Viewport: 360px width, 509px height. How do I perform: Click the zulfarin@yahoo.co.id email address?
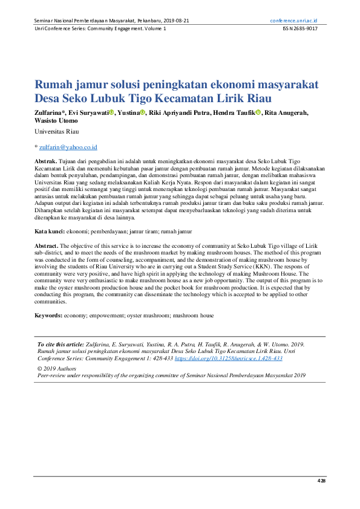point(68,148)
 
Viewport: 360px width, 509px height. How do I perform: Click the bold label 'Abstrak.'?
point(45,162)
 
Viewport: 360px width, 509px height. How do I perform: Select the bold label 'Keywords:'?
point(48,316)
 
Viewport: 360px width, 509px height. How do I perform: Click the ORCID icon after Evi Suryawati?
point(111,112)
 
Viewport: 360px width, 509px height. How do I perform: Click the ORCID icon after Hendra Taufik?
point(258,112)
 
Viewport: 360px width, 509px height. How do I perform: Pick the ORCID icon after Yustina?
point(143,112)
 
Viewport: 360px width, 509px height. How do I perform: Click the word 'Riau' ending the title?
point(258,98)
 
